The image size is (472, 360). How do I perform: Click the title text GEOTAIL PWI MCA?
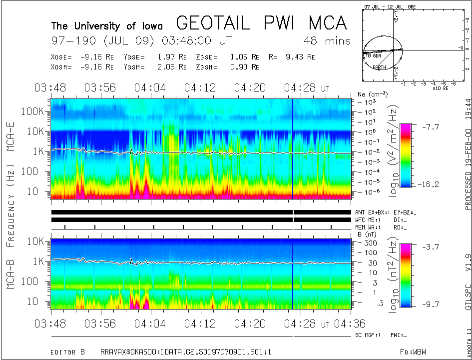[261, 23]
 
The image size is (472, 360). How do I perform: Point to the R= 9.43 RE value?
[292, 57]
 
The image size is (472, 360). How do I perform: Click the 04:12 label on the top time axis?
[201, 88]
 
